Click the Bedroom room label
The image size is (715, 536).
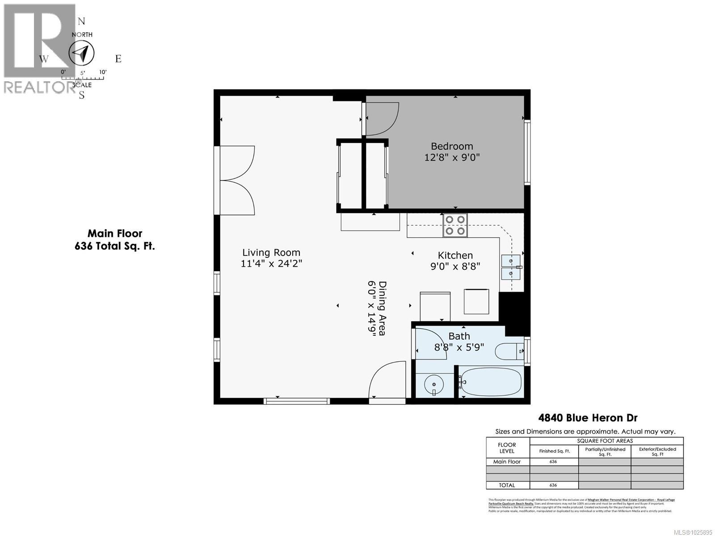point(451,146)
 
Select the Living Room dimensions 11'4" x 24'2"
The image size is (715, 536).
point(271,264)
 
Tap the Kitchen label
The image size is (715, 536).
point(455,255)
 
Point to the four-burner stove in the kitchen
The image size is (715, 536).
point(455,225)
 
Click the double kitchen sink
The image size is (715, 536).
point(511,267)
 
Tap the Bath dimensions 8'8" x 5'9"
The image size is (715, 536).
point(459,347)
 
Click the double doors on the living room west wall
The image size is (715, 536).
point(237,180)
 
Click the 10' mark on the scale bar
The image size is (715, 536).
point(102,72)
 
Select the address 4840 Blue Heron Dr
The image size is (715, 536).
point(587,418)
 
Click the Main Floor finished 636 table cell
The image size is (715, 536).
point(553,462)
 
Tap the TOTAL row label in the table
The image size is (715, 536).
point(507,485)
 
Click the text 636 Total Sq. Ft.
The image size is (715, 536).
point(115,246)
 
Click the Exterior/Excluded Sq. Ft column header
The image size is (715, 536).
point(657,451)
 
